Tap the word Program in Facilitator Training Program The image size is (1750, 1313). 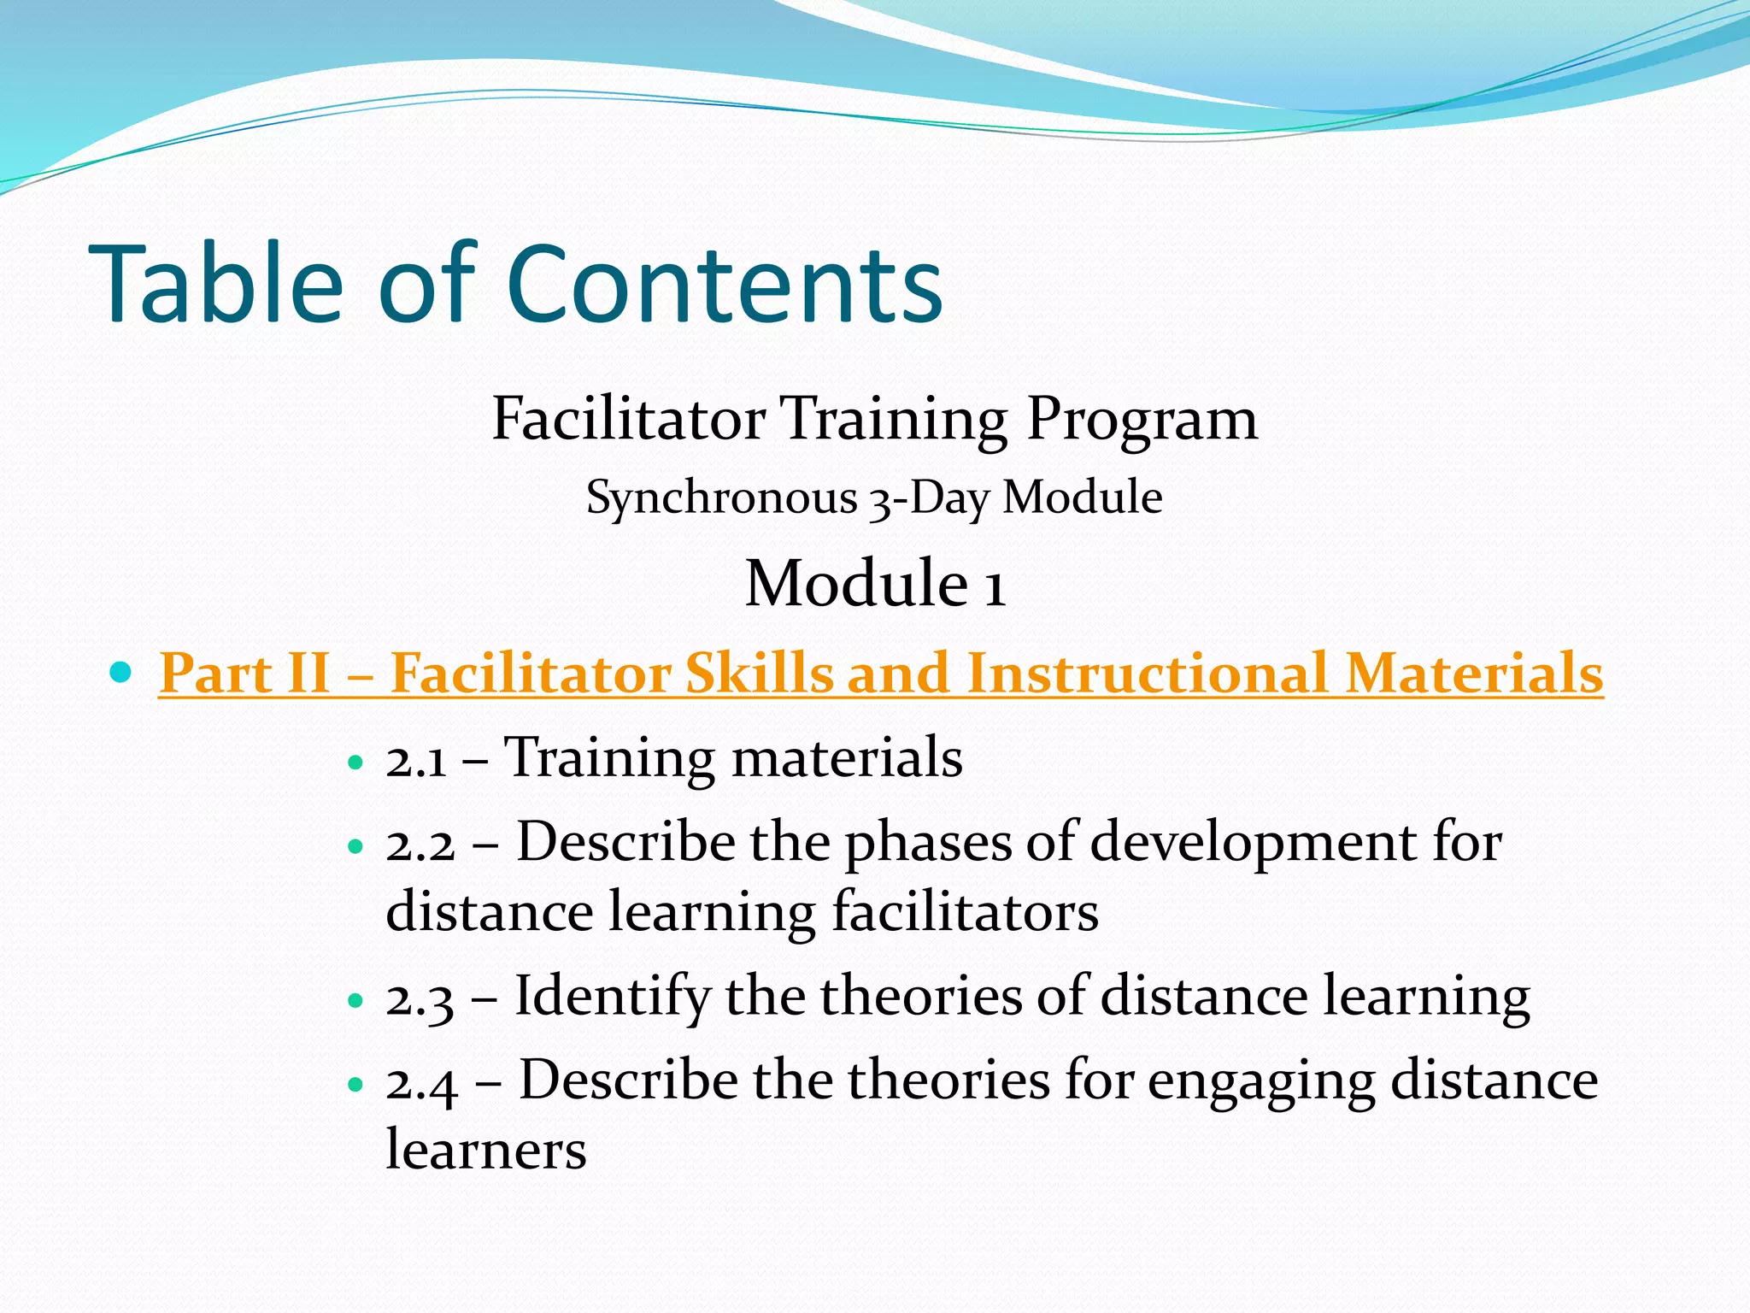click(x=1142, y=421)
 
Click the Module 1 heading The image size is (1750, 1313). click(x=875, y=584)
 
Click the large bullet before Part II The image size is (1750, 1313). click(x=122, y=672)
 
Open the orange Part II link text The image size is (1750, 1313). click(x=880, y=674)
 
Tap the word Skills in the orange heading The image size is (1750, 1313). click(x=759, y=674)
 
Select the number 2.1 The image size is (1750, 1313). click(x=416, y=760)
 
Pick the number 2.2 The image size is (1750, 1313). click(x=420, y=845)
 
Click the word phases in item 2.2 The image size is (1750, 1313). click(x=927, y=845)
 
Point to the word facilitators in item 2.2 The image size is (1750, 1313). click(x=965, y=911)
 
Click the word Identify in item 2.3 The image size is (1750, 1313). click(x=612, y=998)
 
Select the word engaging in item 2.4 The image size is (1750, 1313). click(x=1260, y=1082)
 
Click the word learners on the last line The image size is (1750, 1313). click(x=485, y=1150)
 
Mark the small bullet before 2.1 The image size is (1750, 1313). click(x=356, y=762)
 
